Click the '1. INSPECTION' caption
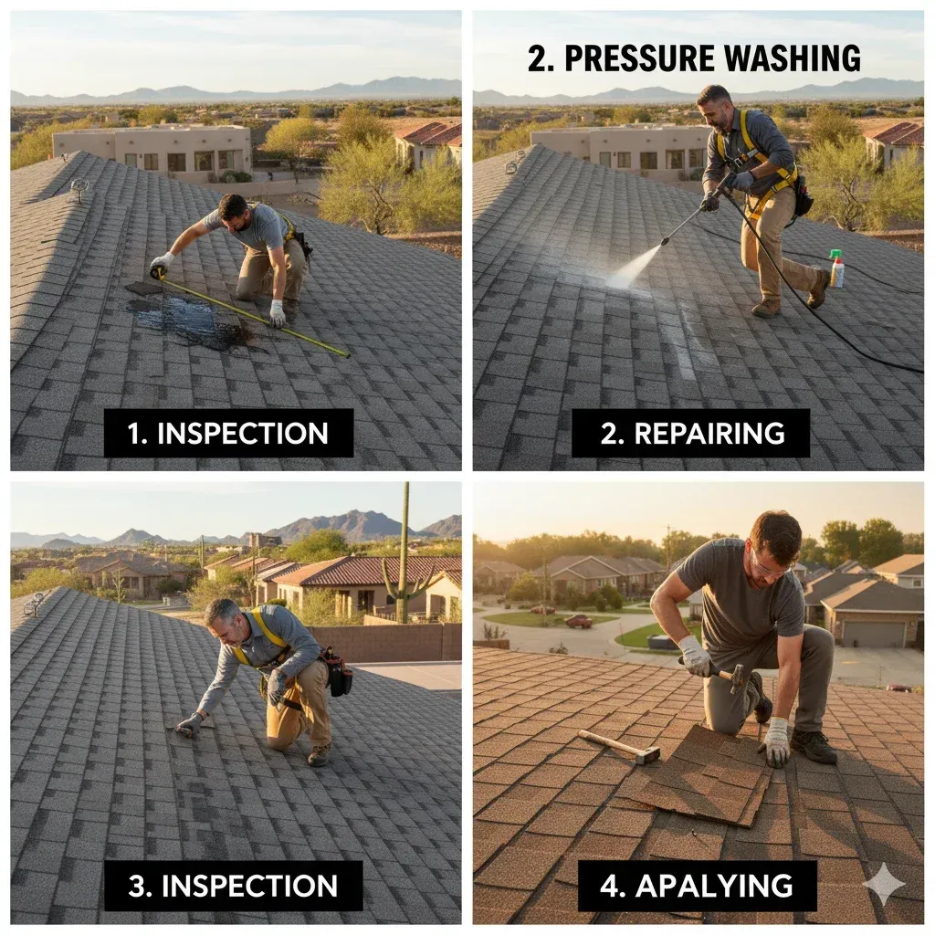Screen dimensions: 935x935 [x=227, y=433]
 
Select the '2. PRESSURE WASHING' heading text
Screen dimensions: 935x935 [x=694, y=58]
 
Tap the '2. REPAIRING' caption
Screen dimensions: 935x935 [x=691, y=433]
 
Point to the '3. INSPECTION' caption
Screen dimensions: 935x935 [x=233, y=885]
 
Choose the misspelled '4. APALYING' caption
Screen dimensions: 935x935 [x=697, y=885]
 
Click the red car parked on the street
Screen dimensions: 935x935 [x=578, y=621]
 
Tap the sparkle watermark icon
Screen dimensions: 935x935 [x=883, y=883]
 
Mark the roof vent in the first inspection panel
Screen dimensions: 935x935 [x=79, y=188]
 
